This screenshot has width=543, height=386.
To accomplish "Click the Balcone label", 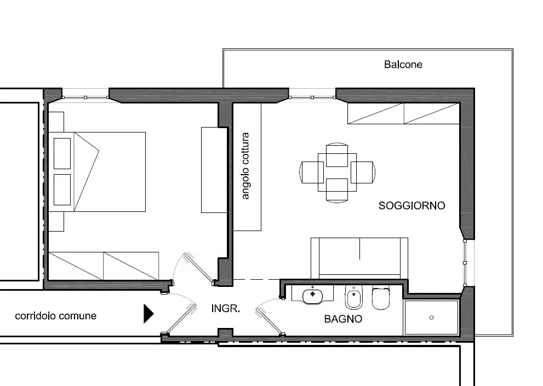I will pos(403,65).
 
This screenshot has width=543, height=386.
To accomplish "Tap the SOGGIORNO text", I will pos(411,206).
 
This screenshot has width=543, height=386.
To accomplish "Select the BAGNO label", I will pos(342,319).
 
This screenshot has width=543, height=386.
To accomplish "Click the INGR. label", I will pos(225,309).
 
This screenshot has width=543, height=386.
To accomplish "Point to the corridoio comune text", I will pos(55,316).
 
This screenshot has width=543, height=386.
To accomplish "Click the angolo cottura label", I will pos(245,166).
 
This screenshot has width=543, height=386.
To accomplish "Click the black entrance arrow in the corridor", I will pos(148,314).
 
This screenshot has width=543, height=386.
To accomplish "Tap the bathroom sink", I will pos(313,295).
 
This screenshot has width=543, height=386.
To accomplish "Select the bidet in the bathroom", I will pos(353,298).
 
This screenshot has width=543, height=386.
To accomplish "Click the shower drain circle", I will pos(431,317).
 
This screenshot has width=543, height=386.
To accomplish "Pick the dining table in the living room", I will pos(337,171).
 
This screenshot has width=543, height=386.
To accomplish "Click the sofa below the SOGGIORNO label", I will pos(359,257).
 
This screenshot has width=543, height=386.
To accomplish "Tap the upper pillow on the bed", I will pos(62,153).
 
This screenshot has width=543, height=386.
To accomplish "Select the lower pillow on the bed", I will pos(62,189).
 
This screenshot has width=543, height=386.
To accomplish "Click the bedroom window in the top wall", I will pos(85,97).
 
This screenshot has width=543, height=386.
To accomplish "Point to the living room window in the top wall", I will pos(312,97).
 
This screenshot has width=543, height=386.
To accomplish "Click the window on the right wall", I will pos(465,262).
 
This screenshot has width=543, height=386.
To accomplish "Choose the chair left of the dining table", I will pos(310,171).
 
